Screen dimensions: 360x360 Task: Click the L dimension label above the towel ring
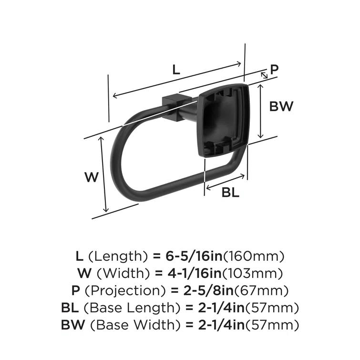pos(176,70)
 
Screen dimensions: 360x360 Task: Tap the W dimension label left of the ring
pos(92,177)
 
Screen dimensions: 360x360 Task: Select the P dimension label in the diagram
pos(274,70)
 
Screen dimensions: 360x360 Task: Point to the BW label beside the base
pos(281,106)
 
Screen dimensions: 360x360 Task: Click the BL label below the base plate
pos(230,193)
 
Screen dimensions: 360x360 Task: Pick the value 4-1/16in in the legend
pos(188,274)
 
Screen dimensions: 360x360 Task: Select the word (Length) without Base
pos(118,256)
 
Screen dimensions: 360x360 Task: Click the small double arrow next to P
pos(264,75)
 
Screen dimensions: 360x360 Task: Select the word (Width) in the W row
pos(119,274)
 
